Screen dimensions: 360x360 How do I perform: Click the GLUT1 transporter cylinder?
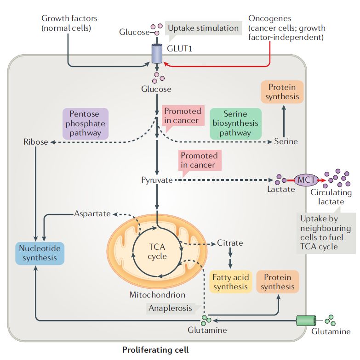coord(157,55)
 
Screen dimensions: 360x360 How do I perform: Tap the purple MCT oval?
coord(305,180)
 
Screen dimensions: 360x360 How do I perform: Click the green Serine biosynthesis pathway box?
coord(235,124)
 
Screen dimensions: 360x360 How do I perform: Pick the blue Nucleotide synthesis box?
coord(40,253)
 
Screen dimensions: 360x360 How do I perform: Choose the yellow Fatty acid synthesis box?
coord(230,281)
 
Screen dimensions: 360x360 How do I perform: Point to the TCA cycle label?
coord(157,251)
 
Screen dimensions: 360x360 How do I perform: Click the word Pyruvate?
coord(157,180)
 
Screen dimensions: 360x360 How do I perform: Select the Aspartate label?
coord(92,214)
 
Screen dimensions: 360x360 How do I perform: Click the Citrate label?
coord(230,242)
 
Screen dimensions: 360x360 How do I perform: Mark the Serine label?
coord(286,141)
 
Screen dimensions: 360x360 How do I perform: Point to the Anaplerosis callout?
coord(171,308)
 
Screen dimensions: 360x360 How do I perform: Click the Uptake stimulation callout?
coord(203,28)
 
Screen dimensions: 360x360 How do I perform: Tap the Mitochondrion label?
coord(157,295)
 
